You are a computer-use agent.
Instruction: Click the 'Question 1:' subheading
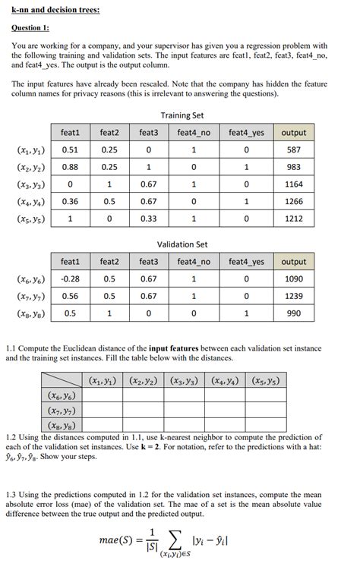coord(31,27)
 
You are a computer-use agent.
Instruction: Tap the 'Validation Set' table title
coord(182,244)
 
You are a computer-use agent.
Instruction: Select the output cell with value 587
coord(293,149)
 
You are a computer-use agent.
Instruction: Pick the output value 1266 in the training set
coord(293,201)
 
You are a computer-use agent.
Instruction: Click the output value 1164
coord(293,184)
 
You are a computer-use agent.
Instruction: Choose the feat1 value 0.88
coord(71,167)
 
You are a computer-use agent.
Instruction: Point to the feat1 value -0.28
coord(71,279)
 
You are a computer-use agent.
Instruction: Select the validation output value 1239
coord(293,297)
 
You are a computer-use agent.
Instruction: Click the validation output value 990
coord(293,313)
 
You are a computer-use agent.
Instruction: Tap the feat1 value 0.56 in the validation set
coord(71,297)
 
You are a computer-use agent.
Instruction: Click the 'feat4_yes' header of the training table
coord(247,132)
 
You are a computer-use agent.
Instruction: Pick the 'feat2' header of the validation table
coord(109,262)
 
